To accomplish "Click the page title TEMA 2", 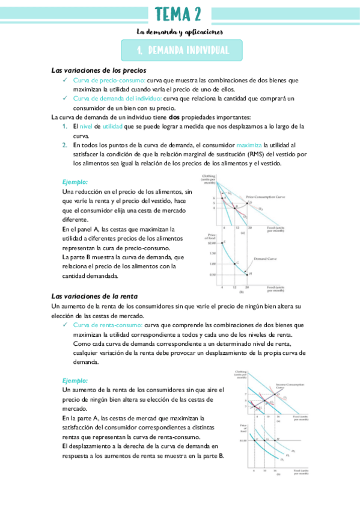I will click(178, 14).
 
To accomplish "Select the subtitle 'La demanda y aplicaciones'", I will click(180, 31).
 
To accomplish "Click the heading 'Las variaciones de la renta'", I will click(94, 296).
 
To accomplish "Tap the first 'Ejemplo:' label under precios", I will click(75, 182).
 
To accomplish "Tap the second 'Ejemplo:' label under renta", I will click(75, 381).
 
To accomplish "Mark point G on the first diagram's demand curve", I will click(237, 263).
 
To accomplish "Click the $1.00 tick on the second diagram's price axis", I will click(243, 440).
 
